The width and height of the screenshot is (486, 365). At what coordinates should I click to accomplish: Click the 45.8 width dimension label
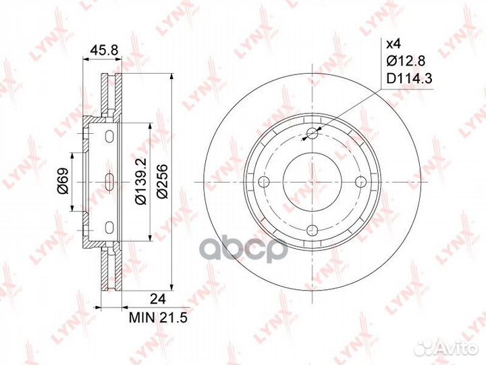tap(104, 49)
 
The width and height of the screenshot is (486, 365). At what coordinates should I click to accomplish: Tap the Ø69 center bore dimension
tap(63, 181)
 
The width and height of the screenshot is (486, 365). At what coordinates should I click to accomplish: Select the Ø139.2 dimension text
tap(140, 181)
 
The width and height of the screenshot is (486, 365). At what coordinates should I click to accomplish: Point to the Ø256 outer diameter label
tap(162, 181)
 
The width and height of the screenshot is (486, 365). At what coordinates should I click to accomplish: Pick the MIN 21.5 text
tap(158, 318)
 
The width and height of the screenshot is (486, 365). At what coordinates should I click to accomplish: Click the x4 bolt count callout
tap(394, 44)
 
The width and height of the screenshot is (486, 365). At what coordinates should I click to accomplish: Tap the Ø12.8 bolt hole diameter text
tap(406, 61)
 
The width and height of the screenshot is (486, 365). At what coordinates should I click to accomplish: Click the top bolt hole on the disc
tap(312, 133)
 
